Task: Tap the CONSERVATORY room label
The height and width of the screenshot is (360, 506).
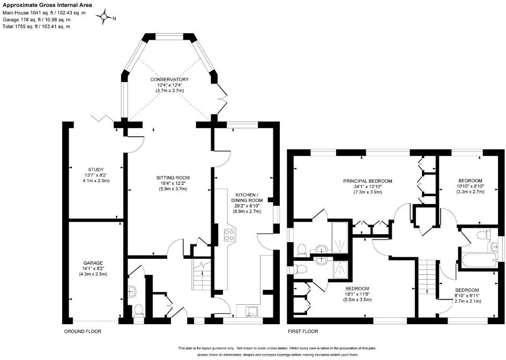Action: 169,79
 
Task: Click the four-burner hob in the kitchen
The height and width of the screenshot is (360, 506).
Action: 229,235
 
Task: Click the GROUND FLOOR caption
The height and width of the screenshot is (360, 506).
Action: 83,331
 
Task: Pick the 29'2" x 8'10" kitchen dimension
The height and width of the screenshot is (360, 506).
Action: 246,205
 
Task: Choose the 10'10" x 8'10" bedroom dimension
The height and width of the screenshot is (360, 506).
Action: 470,186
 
